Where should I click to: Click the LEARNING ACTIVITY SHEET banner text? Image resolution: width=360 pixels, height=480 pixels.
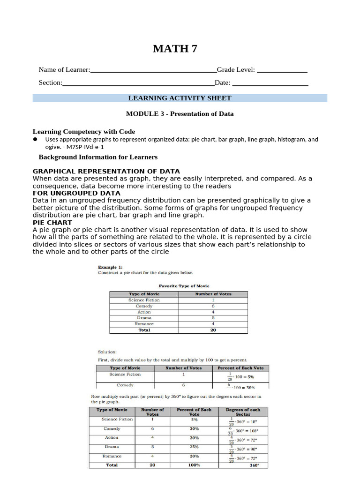coord(180,98)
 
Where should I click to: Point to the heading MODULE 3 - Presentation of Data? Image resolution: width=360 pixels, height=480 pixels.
coord(180,114)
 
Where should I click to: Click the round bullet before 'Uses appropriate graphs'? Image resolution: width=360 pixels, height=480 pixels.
coord(35,139)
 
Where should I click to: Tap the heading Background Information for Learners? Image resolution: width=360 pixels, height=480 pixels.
coord(98,157)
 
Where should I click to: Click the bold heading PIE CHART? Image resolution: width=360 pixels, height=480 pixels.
coord(52,222)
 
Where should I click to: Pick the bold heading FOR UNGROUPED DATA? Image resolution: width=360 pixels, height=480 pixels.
coord(76,193)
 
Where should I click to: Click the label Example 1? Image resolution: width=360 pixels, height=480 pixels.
coord(110,266)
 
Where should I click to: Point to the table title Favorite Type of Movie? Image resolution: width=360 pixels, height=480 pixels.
coord(184,285)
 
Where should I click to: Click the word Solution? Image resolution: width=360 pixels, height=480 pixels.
coord(107,352)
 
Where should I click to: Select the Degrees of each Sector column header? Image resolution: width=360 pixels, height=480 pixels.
coord(243,412)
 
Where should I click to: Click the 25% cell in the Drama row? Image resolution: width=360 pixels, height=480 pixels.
coord(194,447)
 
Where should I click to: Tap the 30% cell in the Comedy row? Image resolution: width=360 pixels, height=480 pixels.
coord(194,429)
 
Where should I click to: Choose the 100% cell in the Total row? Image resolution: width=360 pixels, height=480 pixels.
coord(194,465)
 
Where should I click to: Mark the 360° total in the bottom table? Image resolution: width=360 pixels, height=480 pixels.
coord(254,465)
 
